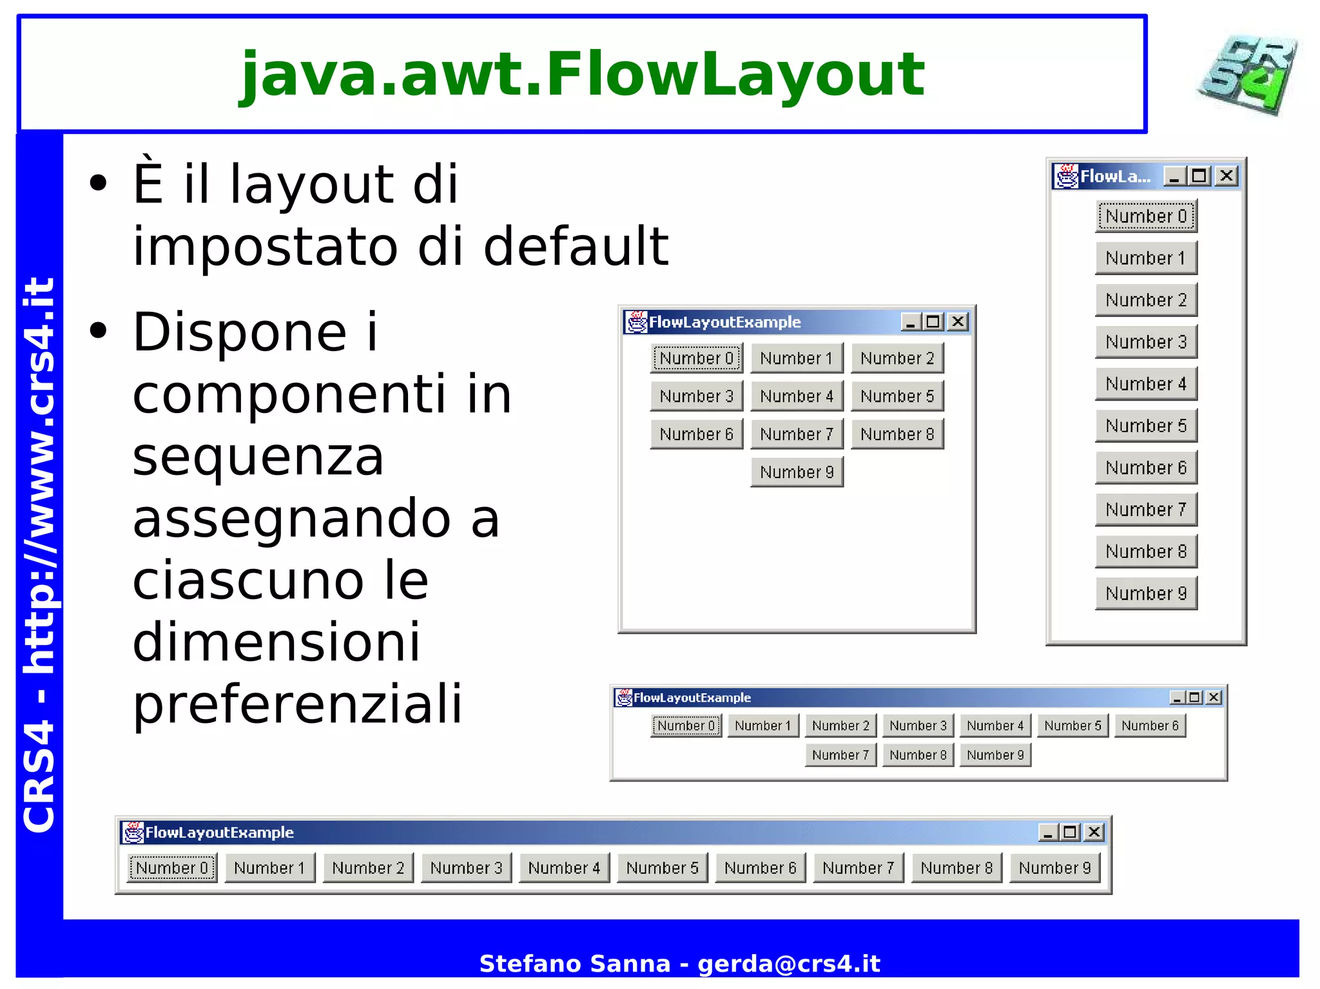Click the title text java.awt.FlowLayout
pos(582,75)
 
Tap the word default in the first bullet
pos(576,247)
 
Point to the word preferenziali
pos(297,704)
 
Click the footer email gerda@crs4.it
pos(788,963)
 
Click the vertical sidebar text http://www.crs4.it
pos(39,477)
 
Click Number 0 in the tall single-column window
pos(1146,216)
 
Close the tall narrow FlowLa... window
pos(1227,176)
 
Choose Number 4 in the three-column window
pos(797,396)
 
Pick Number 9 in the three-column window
pos(797,472)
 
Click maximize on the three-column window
pos(933,322)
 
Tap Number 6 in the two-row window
pos(1150,725)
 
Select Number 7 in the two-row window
pos(840,754)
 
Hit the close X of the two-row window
pos(1214,697)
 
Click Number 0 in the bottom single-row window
pos(172,868)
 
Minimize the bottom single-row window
pos(1048,832)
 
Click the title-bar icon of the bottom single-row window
pos(133,832)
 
